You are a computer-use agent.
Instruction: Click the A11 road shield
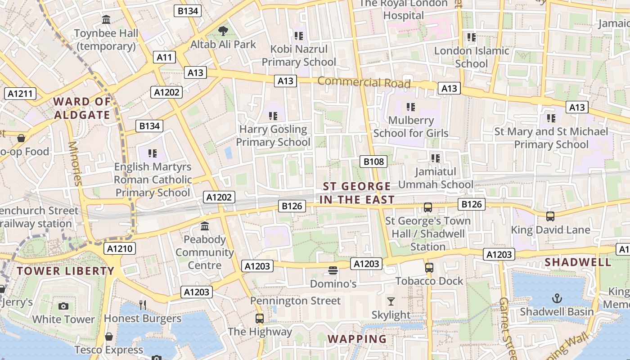pyautogui.click(x=164, y=57)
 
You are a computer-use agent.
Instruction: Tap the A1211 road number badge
pyautogui.click(x=20, y=94)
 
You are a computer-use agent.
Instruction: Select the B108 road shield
pyautogui.click(x=373, y=162)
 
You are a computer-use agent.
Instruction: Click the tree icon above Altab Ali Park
pyautogui.click(x=223, y=31)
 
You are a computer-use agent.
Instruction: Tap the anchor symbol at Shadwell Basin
pyautogui.click(x=557, y=298)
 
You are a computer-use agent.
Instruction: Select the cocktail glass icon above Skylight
pyautogui.click(x=391, y=301)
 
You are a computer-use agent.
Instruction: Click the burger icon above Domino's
pyautogui.click(x=333, y=270)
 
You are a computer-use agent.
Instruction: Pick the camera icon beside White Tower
pyautogui.click(x=63, y=306)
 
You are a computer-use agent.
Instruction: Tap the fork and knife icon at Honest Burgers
pyautogui.click(x=143, y=305)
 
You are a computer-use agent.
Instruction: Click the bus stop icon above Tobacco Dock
pyautogui.click(x=429, y=268)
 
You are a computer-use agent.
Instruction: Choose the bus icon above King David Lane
pyautogui.click(x=550, y=216)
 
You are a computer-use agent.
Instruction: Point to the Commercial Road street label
pyautogui.click(x=364, y=82)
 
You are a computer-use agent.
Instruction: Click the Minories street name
pyautogui.click(x=75, y=163)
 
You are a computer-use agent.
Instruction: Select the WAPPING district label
pyautogui.click(x=357, y=339)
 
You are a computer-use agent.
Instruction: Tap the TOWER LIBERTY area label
pyautogui.click(x=66, y=271)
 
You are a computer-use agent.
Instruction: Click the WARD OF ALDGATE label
pyautogui.click(x=82, y=108)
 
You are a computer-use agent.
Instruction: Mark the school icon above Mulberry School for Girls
pyautogui.click(x=410, y=107)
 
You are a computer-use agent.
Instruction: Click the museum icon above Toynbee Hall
pyautogui.click(x=107, y=20)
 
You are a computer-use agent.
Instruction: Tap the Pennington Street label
pyautogui.click(x=295, y=301)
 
